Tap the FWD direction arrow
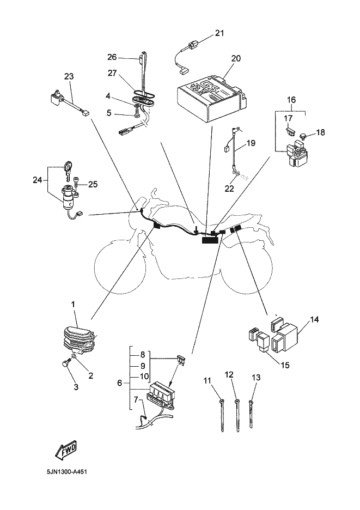[65, 450]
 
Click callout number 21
[219, 33]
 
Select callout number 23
[69, 77]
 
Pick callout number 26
[112, 57]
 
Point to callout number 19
[250, 144]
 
